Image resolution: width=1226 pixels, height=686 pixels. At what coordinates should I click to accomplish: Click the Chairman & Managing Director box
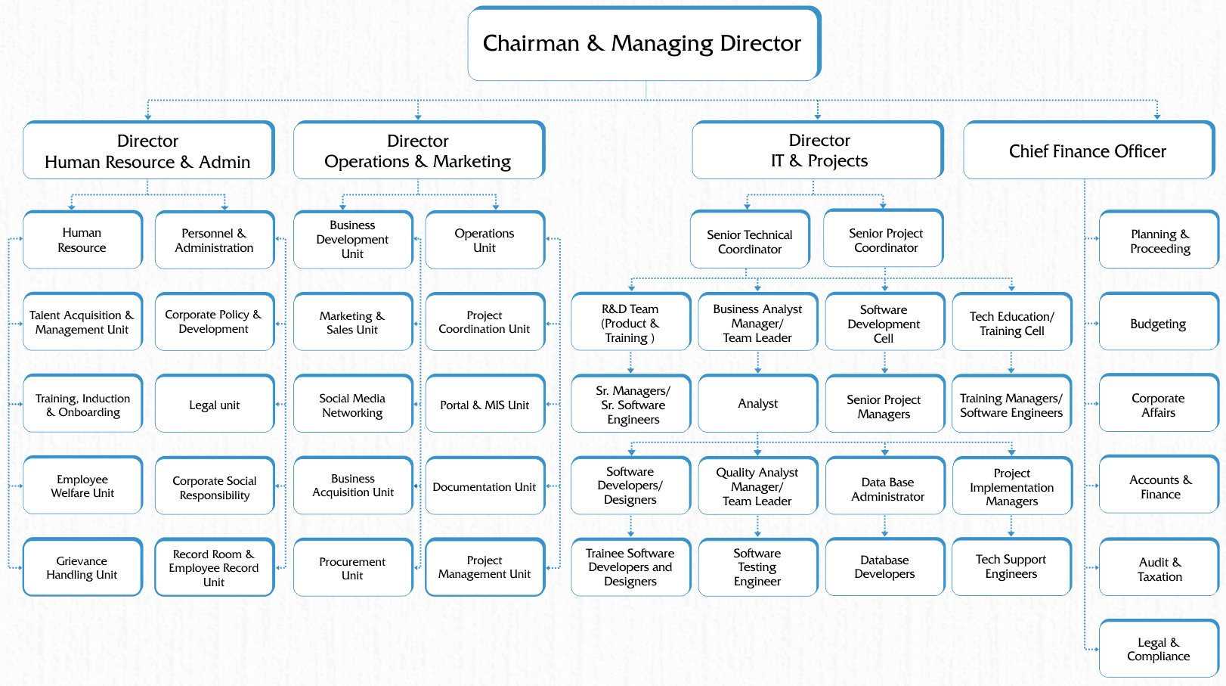click(644, 44)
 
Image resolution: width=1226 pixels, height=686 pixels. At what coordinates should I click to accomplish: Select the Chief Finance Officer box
click(1088, 151)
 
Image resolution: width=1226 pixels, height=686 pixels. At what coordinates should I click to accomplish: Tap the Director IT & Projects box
click(818, 150)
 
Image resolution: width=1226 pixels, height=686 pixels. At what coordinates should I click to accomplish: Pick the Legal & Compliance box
click(1159, 649)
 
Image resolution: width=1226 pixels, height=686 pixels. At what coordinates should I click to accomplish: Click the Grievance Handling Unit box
click(82, 567)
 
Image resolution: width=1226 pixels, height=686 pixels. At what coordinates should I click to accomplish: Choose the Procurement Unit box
click(353, 568)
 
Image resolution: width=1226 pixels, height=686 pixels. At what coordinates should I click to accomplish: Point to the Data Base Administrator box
click(885, 486)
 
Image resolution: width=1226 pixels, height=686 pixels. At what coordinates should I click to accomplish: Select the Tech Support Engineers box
click(1011, 566)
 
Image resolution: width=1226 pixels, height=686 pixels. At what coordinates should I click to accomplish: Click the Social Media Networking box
click(353, 404)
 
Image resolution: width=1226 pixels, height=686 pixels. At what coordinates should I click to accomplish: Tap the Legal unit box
click(215, 404)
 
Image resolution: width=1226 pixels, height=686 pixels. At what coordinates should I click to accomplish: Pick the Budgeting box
click(1159, 322)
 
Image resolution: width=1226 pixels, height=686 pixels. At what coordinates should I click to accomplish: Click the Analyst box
click(758, 404)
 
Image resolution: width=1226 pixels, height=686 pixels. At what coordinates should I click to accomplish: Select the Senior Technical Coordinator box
click(750, 240)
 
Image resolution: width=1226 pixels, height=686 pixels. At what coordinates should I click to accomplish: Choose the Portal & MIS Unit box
click(485, 404)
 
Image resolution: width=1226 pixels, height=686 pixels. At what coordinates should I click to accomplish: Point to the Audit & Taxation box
click(1159, 567)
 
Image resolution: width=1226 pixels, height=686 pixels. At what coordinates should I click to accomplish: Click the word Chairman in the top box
click(531, 44)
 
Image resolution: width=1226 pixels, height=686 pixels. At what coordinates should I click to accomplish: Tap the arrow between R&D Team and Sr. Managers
click(630, 362)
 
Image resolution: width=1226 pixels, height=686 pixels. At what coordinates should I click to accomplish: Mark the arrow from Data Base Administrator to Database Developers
click(885, 526)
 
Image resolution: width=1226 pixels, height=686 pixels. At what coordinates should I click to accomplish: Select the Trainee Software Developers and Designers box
click(630, 567)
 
